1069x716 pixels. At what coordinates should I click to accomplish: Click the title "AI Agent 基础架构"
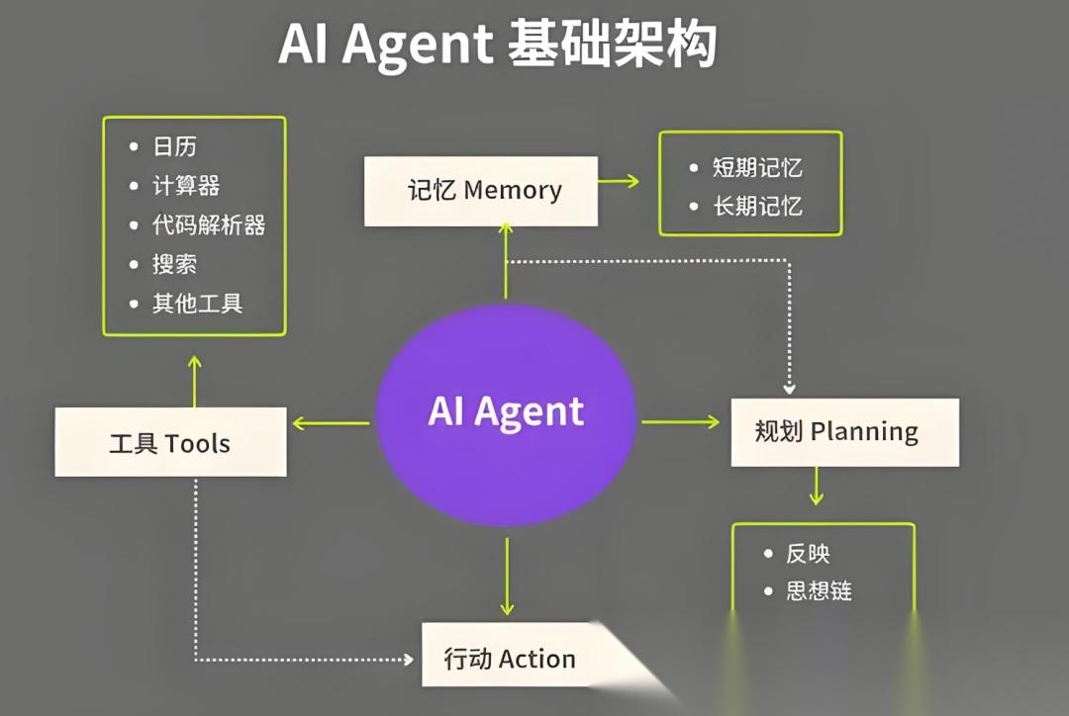(x=497, y=45)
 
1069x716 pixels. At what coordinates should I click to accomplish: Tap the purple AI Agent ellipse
(x=506, y=411)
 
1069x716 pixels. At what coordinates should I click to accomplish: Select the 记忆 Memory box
(x=481, y=191)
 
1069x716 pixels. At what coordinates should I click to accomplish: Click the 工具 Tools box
(x=170, y=442)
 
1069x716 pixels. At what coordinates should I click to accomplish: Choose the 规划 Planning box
(x=844, y=432)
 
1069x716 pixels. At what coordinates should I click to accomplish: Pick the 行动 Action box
(x=510, y=658)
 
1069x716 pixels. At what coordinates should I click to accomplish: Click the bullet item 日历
(x=174, y=147)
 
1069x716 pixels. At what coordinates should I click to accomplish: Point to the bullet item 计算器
(x=186, y=186)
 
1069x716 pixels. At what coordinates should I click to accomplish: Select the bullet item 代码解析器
(x=208, y=225)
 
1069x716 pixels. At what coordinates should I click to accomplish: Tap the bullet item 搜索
(x=174, y=264)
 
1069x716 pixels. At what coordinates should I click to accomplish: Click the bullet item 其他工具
(x=197, y=304)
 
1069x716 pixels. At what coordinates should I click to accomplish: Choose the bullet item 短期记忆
(x=757, y=168)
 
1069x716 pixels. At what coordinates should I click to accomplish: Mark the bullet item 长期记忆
(x=757, y=207)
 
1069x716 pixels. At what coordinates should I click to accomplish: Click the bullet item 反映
(x=808, y=554)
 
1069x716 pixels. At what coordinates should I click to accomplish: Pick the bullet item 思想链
(x=819, y=592)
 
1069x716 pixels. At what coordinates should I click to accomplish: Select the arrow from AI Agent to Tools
(x=331, y=424)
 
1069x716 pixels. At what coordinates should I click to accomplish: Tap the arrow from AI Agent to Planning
(x=681, y=422)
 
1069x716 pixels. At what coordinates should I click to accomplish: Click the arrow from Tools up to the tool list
(x=195, y=382)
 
